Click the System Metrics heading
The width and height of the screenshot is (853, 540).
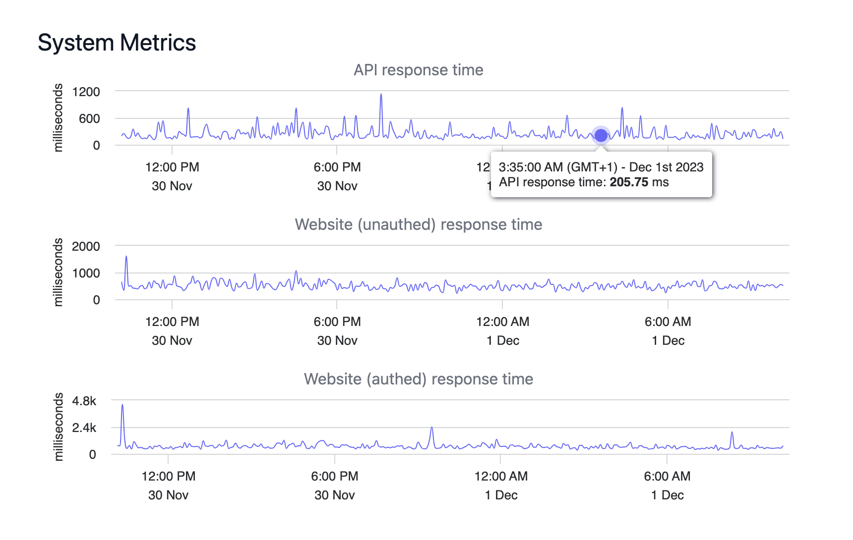click(x=117, y=43)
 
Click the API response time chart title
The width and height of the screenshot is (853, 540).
click(x=418, y=70)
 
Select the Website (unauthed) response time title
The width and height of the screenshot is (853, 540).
click(x=418, y=224)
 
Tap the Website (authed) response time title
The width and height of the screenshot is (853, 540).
click(x=418, y=379)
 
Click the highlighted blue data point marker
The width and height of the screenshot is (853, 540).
click(x=601, y=135)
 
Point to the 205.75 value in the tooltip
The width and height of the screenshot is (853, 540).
click(x=629, y=182)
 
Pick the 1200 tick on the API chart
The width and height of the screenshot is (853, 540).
click(x=86, y=92)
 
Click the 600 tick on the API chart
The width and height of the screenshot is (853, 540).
click(x=89, y=119)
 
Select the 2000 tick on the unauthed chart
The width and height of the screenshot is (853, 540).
click(x=86, y=246)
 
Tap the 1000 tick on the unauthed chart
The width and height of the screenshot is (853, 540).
click(x=86, y=273)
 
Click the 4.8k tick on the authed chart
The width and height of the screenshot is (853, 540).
click(x=84, y=401)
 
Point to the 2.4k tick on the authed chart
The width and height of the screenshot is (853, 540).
click(x=84, y=428)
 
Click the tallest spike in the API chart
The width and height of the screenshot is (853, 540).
click(x=381, y=95)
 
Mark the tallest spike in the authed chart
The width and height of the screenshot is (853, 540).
click(x=122, y=406)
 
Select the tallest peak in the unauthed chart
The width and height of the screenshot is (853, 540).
click(x=126, y=257)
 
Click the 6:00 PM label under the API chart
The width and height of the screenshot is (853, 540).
click(x=337, y=167)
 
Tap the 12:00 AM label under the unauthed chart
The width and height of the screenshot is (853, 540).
click(x=502, y=322)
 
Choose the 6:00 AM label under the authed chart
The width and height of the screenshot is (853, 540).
click(x=667, y=477)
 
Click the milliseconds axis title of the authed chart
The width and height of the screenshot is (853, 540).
click(x=59, y=427)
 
